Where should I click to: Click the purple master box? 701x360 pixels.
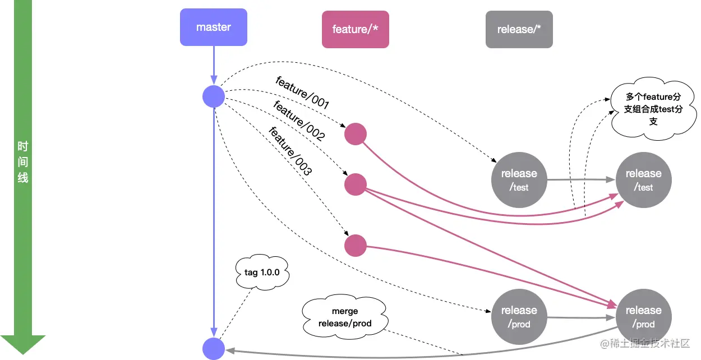214,27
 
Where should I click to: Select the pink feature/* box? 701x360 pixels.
356,29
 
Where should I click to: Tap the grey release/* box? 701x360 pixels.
519,29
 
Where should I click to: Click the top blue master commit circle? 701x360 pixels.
214,97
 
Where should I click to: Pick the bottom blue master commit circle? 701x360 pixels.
214,348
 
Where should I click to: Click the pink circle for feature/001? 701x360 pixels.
355,135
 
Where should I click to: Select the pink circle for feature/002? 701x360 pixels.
355,184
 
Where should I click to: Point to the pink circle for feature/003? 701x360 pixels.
355,246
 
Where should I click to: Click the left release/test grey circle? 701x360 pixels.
519,180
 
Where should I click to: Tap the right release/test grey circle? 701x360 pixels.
644,180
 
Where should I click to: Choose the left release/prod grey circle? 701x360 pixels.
519,317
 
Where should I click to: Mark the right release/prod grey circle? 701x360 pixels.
644,317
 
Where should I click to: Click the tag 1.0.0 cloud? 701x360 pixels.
261,272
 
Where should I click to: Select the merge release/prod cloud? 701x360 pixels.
345,317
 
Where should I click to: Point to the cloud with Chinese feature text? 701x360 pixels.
653,109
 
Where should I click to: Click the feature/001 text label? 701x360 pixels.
302,92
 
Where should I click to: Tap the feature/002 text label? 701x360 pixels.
299,120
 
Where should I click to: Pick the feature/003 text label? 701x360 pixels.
290,151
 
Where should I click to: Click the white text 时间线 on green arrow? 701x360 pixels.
22,163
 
